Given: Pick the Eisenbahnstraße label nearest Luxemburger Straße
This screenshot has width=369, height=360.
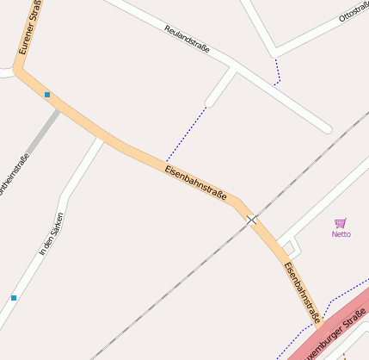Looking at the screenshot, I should pyautogui.click(x=302, y=291).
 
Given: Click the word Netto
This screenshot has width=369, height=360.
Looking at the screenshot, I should pyautogui.click(x=341, y=233).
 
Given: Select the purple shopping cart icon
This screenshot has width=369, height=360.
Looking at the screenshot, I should pyautogui.click(x=341, y=222).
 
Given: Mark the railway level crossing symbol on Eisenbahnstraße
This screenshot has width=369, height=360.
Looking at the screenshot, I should pyautogui.click(x=252, y=220).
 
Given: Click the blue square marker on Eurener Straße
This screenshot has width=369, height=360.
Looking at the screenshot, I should pyautogui.click(x=47, y=95).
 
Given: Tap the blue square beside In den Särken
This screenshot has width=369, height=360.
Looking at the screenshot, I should pyautogui.click(x=14, y=297).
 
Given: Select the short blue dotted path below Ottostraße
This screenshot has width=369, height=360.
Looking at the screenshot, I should pyautogui.click(x=277, y=72).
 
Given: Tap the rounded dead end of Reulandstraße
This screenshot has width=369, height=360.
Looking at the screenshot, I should pyautogui.click(x=327, y=129).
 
